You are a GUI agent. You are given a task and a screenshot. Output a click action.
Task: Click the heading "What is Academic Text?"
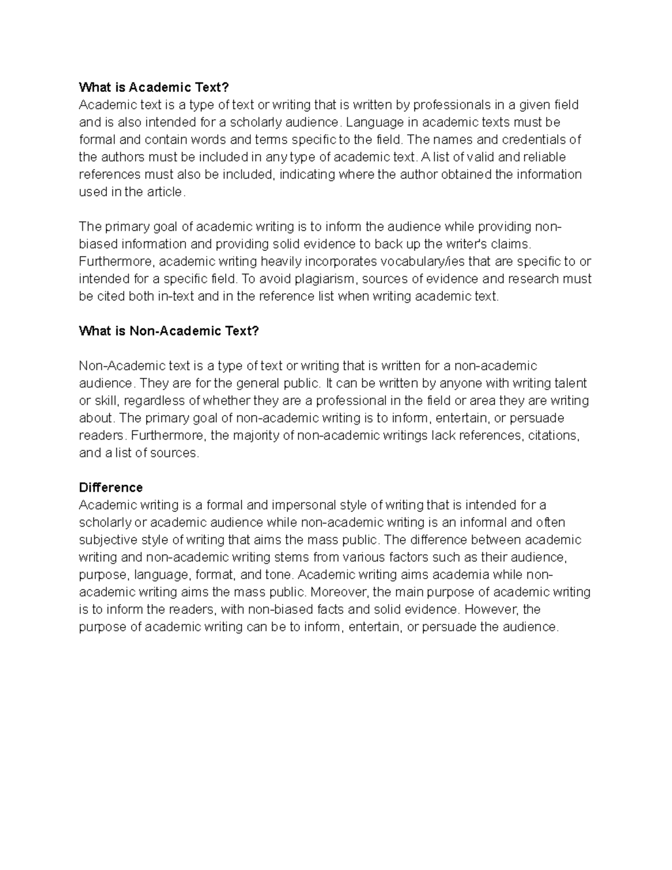tap(154, 87)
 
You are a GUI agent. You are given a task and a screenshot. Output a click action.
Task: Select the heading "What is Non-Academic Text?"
tap(169, 331)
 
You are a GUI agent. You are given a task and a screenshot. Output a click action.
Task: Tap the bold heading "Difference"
tap(111, 487)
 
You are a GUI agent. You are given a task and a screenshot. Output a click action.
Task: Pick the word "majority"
tap(259, 435)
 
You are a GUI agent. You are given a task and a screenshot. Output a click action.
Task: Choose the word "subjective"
tap(108, 539)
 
